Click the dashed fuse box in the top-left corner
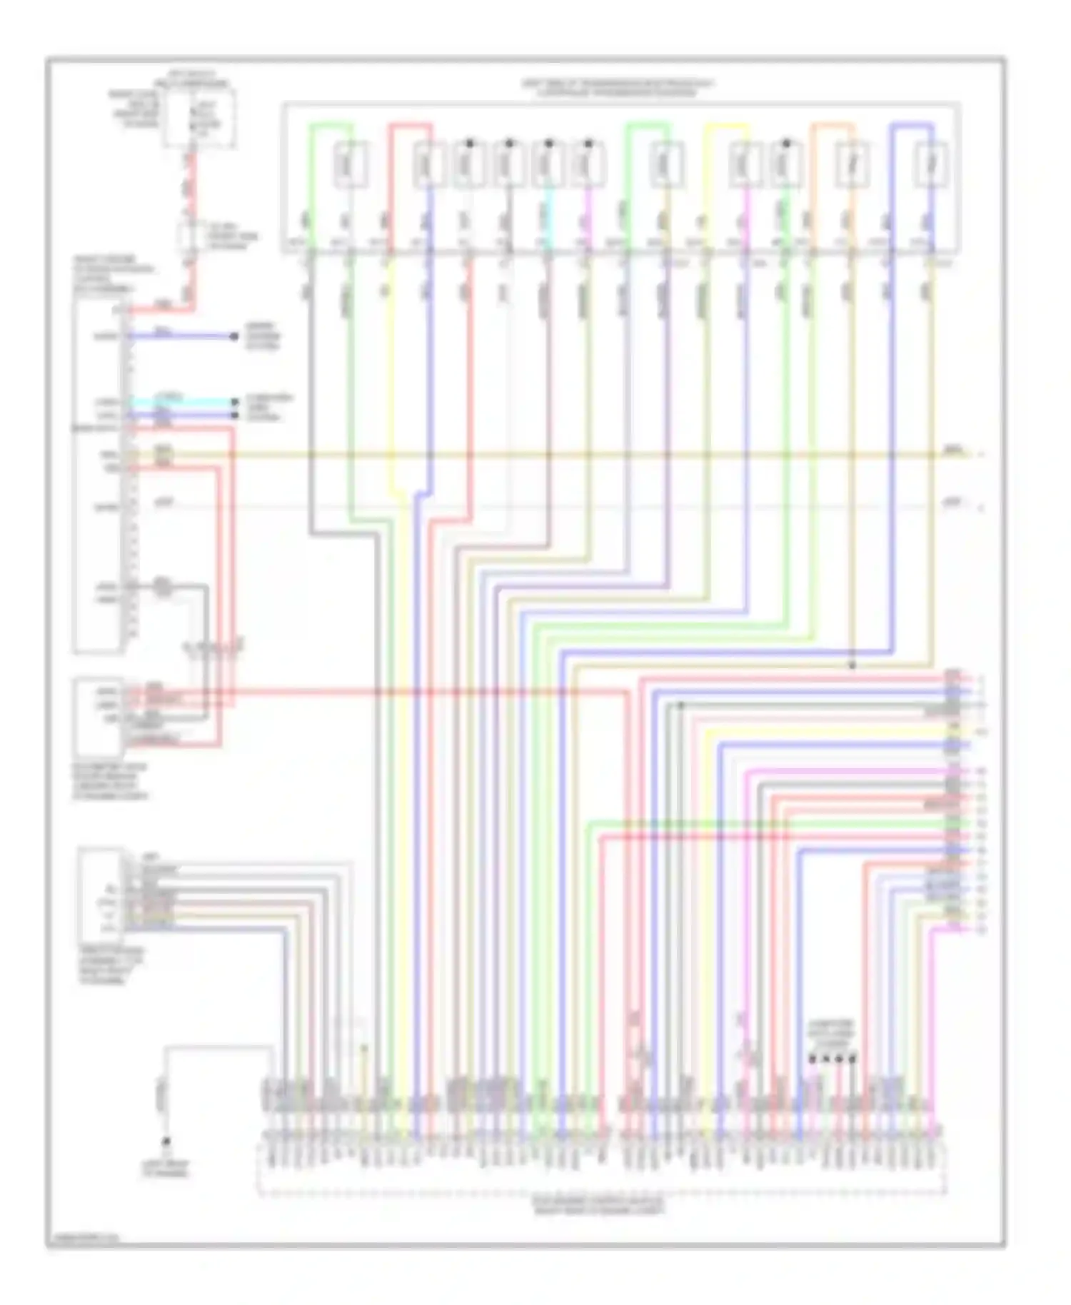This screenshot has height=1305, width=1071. click(199, 119)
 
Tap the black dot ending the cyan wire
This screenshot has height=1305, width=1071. click(234, 403)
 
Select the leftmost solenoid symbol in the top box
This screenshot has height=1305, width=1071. click(351, 164)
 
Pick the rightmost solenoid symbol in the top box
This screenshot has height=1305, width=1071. click(931, 164)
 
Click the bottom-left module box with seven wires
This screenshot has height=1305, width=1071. click(101, 894)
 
